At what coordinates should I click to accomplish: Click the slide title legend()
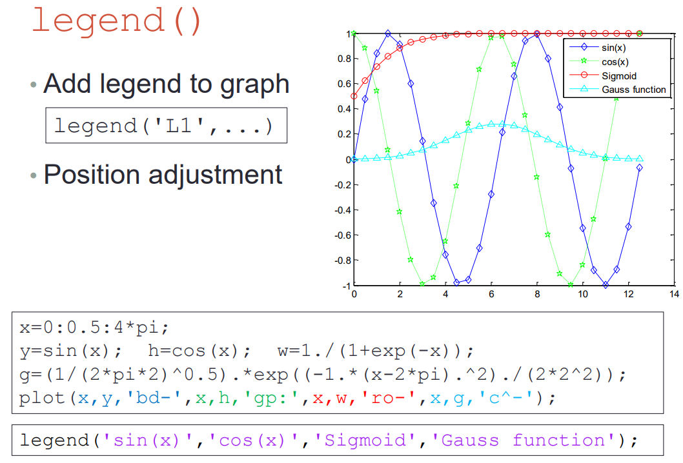click(117, 21)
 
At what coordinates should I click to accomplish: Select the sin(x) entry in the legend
click(614, 48)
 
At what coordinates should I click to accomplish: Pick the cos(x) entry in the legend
click(615, 62)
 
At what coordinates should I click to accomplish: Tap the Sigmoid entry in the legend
click(619, 76)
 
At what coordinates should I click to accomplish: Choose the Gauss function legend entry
click(634, 90)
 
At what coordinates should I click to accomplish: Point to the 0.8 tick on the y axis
click(344, 59)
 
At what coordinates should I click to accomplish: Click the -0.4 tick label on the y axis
click(342, 210)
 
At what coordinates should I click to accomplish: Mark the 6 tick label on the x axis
click(491, 294)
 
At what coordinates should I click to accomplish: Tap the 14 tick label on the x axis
click(674, 294)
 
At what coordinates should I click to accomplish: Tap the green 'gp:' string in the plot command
click(265, 398)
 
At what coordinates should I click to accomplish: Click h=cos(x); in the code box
click(199, 351)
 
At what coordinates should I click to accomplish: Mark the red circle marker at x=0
click(354, 96)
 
